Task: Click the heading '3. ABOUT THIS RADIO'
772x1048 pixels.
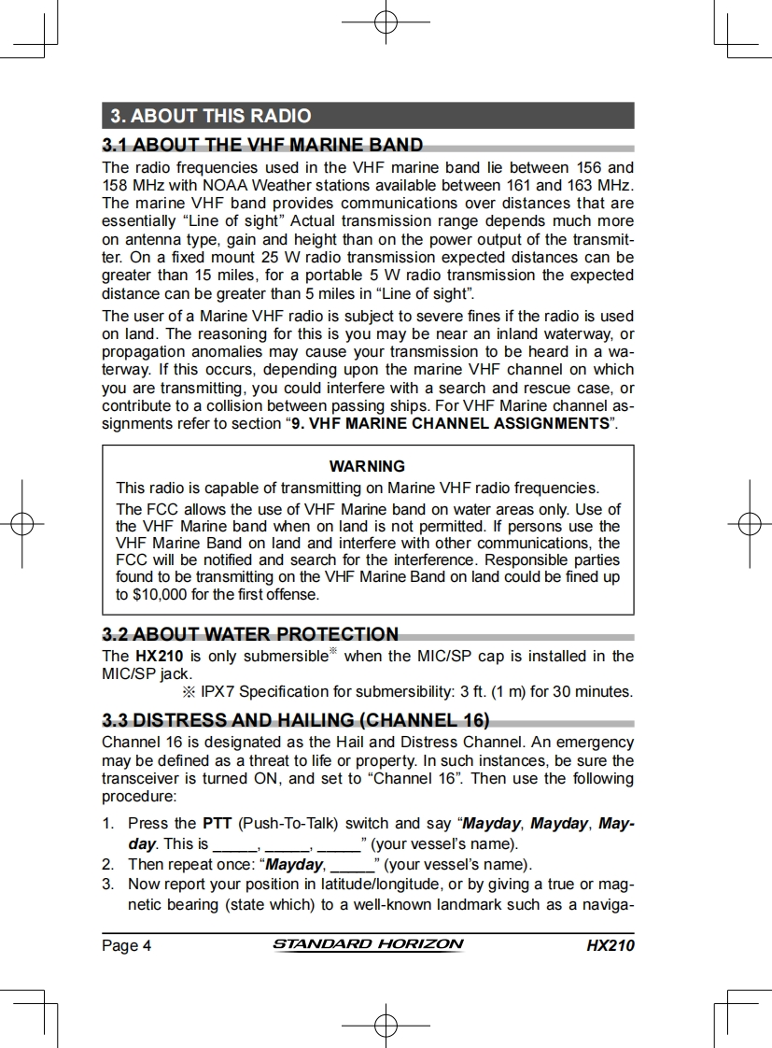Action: point(211,116)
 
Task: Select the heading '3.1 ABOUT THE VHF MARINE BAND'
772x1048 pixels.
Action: point(262,145)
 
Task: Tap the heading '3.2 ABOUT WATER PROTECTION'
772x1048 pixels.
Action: point(250,634)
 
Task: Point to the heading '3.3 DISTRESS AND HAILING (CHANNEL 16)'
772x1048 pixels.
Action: point(295,720)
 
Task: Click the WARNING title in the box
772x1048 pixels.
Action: point(367,466)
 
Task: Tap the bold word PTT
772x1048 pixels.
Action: point(218,824)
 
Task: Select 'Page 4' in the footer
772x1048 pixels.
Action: point(126,945)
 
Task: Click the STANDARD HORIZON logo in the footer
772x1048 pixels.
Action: point(368,944)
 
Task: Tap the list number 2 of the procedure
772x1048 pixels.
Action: point(108,863)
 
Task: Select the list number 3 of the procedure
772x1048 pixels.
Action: point(108,883)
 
